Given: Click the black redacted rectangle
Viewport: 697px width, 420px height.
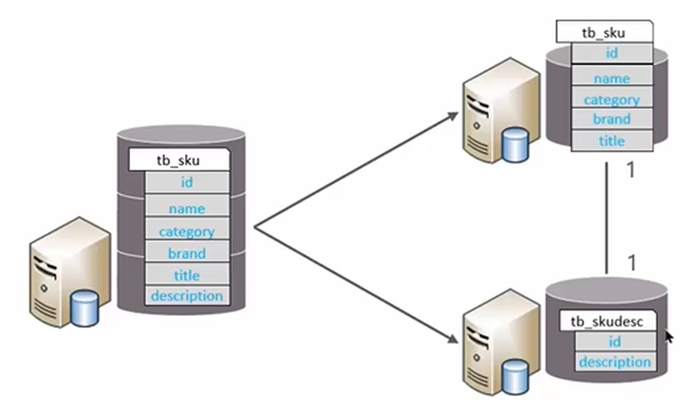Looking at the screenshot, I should tap(146, 75).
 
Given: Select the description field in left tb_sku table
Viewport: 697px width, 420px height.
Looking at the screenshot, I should tap(187, 296).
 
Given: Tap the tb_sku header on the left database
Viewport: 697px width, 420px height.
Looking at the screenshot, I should tap(179, 161).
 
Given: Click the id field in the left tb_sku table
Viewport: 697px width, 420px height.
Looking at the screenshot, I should tap(187, 182).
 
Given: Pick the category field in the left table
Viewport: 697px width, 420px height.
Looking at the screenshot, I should tap(187, 232).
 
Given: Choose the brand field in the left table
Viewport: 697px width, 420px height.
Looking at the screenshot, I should tap(187, 254).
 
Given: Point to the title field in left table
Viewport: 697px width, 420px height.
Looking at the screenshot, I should tap(187, 275).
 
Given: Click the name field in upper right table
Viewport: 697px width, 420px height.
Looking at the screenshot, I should tap(611, 79).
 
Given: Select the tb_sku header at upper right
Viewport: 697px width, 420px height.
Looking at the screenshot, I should tap(604, 33).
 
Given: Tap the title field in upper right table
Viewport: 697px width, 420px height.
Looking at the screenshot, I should tap(611, 141).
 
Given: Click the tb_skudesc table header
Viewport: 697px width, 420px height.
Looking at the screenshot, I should tap(607, 322).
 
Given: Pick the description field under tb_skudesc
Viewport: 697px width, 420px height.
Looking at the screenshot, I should tap(615, 362).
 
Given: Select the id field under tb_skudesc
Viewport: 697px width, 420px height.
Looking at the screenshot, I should tap(615, 341).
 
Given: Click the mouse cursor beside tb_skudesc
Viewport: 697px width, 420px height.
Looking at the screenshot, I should tap(668, 335).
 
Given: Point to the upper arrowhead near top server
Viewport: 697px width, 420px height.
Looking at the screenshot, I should tap(453, 115).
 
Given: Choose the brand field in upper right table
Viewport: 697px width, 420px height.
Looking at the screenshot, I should tap(611, 119).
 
